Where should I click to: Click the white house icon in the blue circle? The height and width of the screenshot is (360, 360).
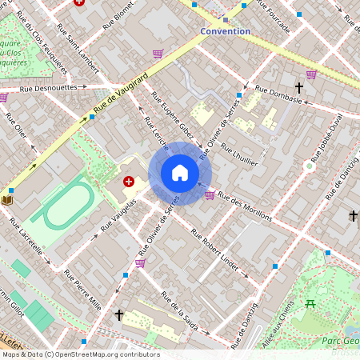point(180,174)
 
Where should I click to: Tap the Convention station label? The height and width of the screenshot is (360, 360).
point(225,31)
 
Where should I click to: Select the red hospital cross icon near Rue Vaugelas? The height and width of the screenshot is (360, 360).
point(129,182)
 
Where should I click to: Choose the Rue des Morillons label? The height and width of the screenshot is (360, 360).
point(245,206)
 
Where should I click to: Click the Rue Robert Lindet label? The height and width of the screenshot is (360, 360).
point(215,248)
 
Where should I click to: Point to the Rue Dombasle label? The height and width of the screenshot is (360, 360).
point(278,94)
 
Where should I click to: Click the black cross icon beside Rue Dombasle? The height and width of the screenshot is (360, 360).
point(299,87)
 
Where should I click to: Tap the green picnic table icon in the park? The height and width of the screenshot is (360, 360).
point(310,303)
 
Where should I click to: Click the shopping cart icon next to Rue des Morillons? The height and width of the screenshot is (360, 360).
point(210,194)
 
